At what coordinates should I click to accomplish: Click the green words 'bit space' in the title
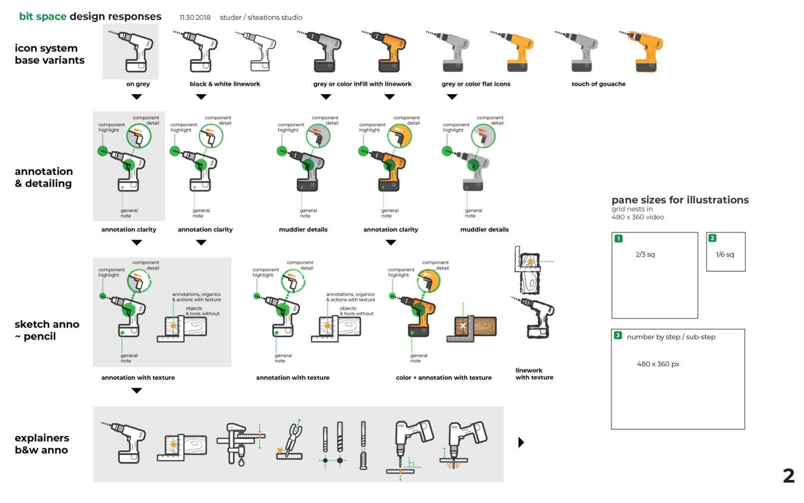click(43, 16)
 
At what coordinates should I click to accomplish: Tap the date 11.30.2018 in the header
click(195, 17)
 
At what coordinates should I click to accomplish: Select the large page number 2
click(788, 476)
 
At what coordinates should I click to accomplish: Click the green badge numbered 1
click(618, 239)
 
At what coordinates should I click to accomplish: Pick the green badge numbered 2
click(712, 238)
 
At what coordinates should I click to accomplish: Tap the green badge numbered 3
click(617, 335)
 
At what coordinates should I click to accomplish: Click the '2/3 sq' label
click(645, 254)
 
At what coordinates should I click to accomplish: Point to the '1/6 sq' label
click(725, 254)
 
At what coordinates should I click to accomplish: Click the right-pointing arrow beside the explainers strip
click(521, 442)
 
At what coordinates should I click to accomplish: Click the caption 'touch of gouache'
click(599, 84)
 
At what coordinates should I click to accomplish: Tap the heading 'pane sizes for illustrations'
click(680, 200)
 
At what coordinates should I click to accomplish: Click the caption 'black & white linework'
click(225, 84)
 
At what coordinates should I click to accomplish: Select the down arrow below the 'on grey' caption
click(137, 97)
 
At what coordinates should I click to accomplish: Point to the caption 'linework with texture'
click(534, 374)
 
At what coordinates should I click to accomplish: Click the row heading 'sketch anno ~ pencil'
click(47, 330)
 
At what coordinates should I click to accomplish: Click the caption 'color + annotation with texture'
click(443, 378)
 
